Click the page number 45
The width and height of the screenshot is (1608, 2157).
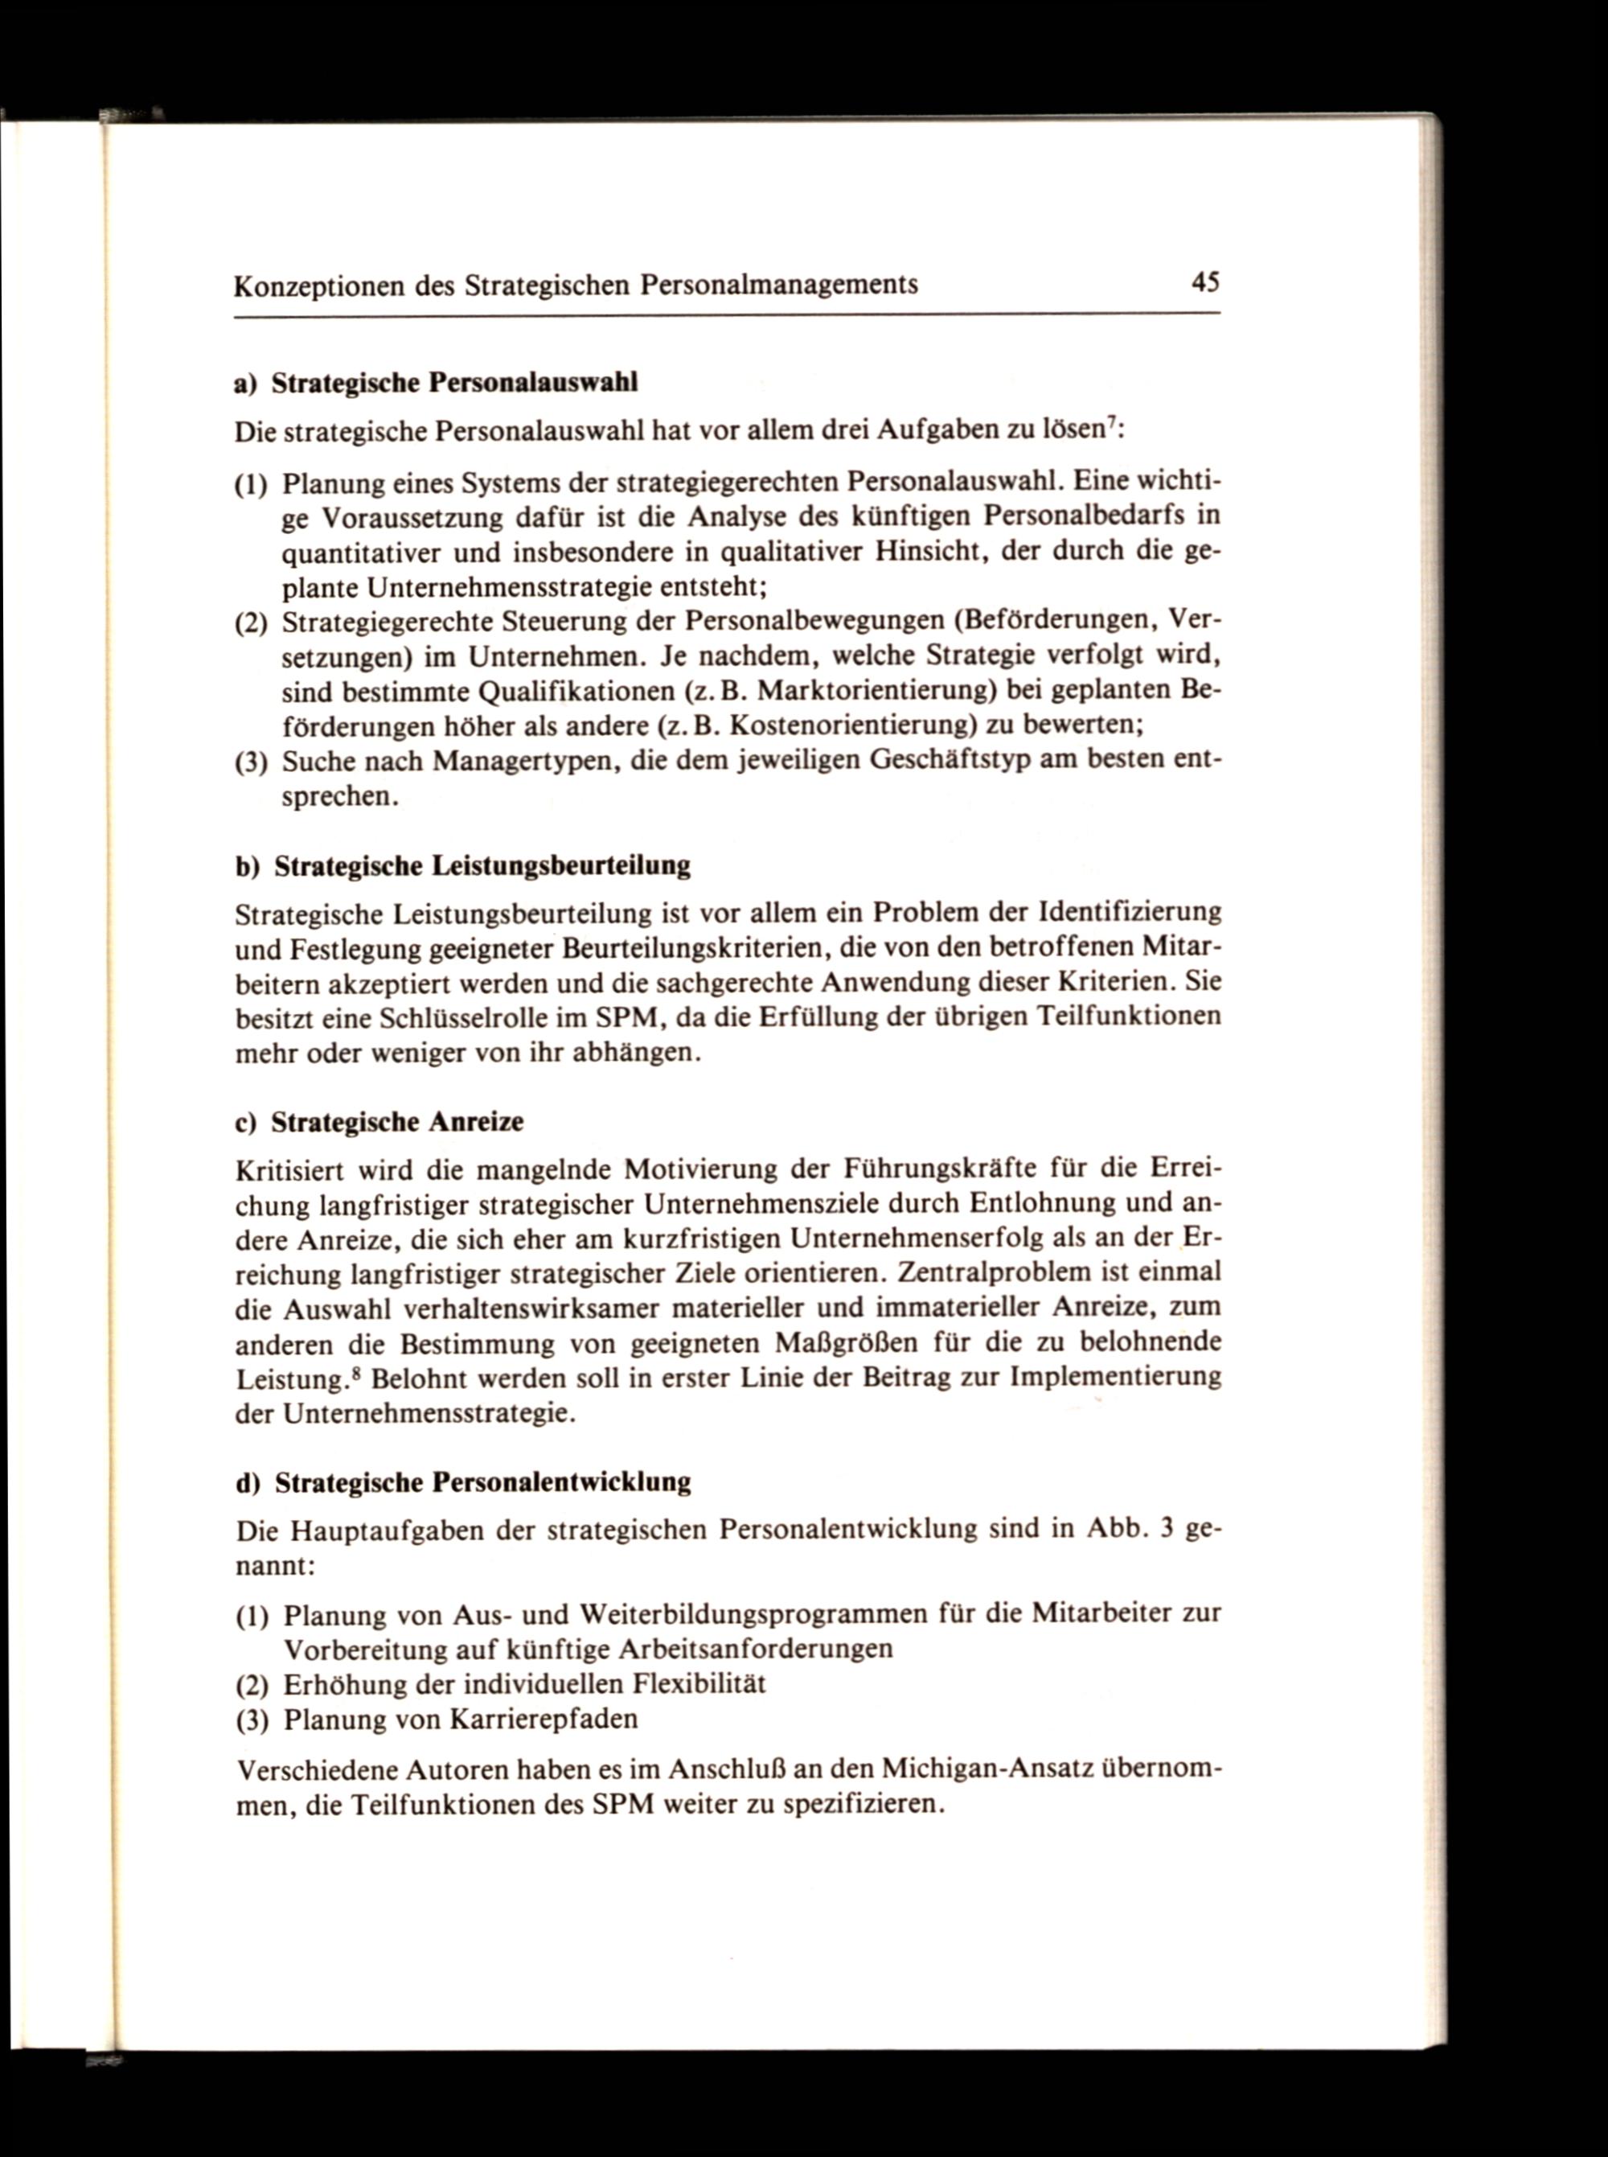click(x=1205, y=282)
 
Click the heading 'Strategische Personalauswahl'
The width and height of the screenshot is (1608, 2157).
click(x=454, y=383)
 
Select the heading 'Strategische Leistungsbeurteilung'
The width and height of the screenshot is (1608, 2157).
click(x=482, y=866)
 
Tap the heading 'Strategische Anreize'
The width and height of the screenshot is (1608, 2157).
click(x=397, y=1122)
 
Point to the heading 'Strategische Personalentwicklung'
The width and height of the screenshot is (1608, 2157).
click(x=482, y=1482)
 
